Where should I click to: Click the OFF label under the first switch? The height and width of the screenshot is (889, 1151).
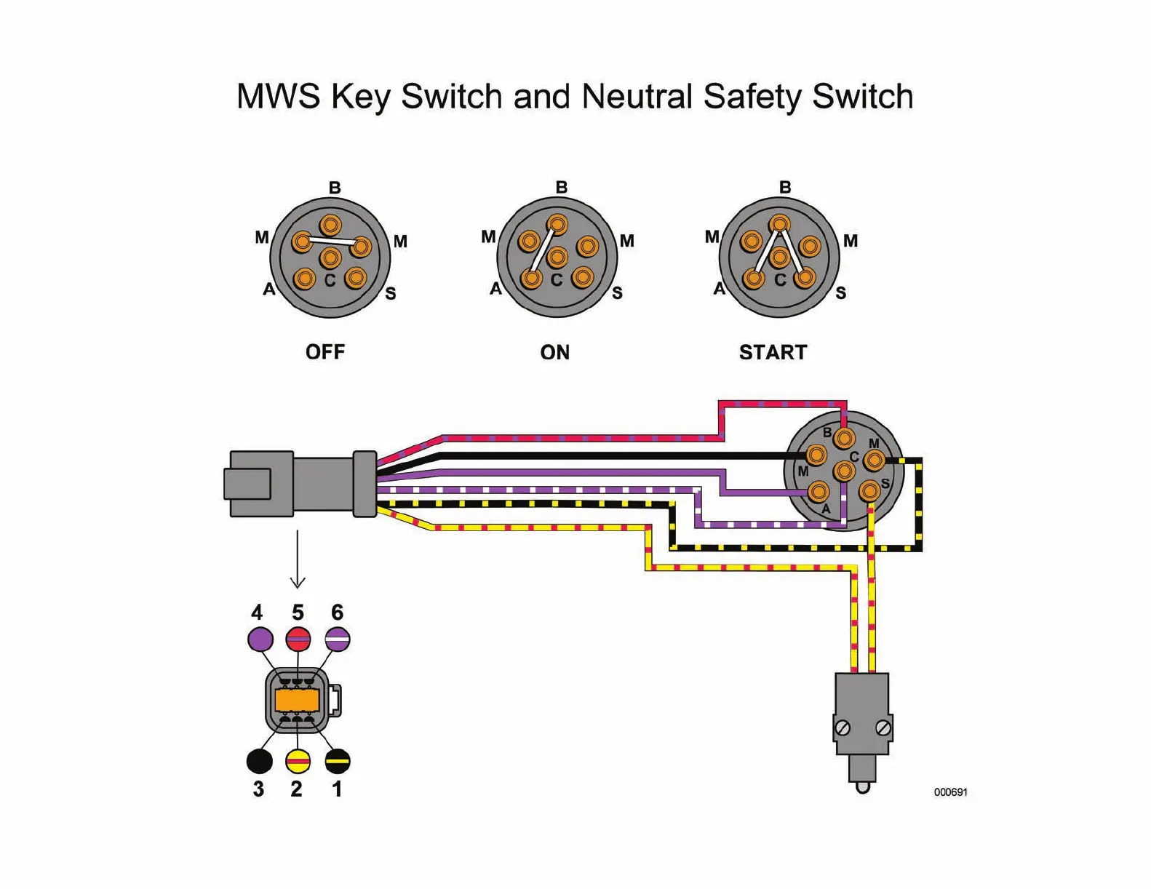[325, 352]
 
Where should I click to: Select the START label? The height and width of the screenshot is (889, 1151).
[773, 353]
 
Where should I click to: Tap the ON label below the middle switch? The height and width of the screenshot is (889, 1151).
[554, 353]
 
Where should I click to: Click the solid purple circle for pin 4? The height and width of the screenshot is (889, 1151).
[260, 639]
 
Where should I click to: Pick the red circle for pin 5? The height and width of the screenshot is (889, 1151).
[298, 639]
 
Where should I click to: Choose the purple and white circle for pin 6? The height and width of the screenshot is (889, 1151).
[338, 639]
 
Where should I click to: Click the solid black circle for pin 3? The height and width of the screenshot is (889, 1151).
[260, 761]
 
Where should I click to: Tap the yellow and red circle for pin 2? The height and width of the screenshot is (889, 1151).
[298, 761]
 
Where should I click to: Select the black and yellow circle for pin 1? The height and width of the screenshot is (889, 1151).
[338, 761]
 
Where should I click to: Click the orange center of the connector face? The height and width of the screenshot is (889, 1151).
[297, 700]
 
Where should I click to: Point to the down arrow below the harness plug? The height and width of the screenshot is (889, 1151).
[298, 560]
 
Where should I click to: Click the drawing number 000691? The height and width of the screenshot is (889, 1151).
[950, 792]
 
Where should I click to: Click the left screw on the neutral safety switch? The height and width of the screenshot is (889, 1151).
[843, 727]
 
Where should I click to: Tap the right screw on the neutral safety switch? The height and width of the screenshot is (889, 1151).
[883, 727]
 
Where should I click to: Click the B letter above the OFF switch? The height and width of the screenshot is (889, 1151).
[335, 188]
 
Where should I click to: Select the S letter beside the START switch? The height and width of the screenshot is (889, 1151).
[841, 293]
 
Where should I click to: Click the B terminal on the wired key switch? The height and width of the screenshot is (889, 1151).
[844, 439]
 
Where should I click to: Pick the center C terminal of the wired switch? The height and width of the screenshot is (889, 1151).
[843, 471]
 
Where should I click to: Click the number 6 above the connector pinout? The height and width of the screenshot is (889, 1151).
[337, 613]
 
